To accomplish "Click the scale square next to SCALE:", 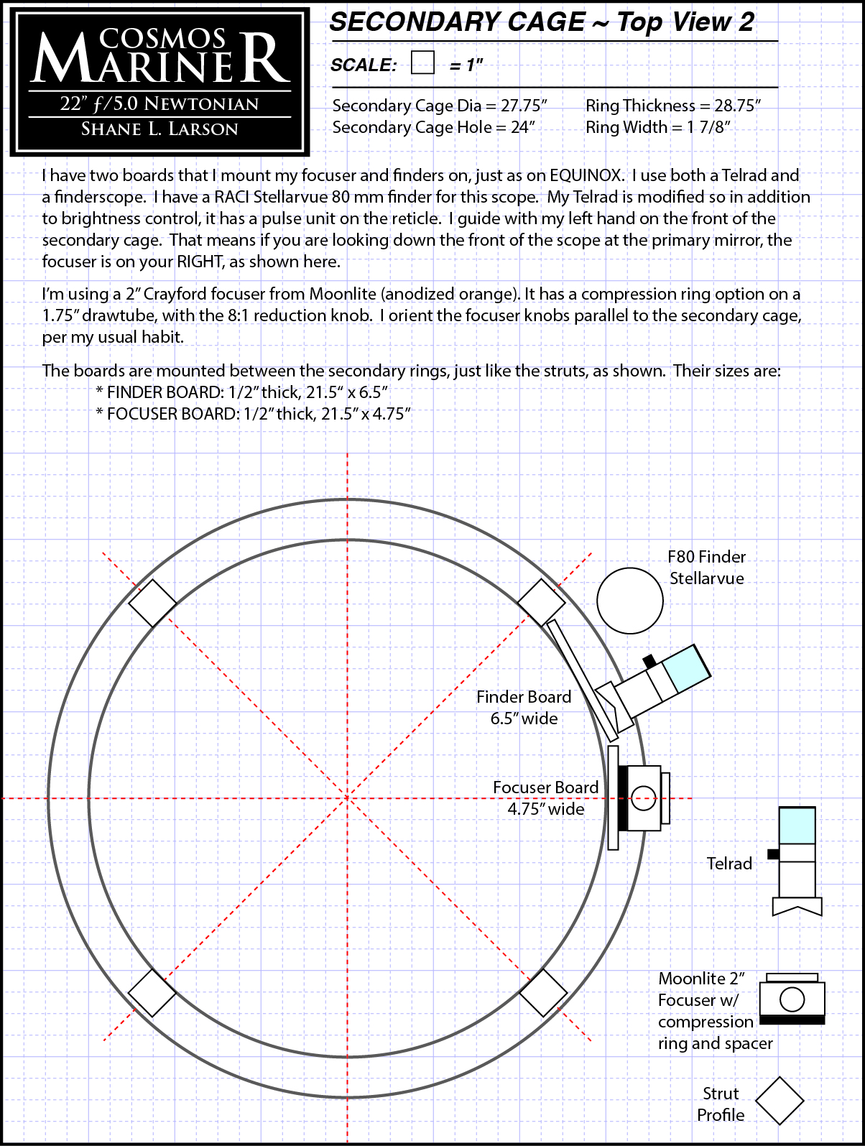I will [x=422, y=63].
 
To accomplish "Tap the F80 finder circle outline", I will [x=629, y=601].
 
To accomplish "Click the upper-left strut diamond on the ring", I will [x=152, y=603].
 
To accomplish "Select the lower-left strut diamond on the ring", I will [x=152, y=993].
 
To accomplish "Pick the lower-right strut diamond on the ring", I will [x=542, y=993].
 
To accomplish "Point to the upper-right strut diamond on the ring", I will [x=541, y=603].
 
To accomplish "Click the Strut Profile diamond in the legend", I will [x=780, y=1101].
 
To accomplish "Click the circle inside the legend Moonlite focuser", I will [x=792, y=999].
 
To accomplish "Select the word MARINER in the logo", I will [x=160, y=60].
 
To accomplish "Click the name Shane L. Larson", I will [x=159, y=129].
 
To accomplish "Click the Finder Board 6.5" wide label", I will [x=524, y=707].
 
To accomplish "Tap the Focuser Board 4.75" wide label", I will [x=545, y=798].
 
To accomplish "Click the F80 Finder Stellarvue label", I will [x=707, y=567].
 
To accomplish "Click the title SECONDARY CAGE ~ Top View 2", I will [x=542, y=22].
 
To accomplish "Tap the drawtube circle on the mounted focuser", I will [x=643, y=798].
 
